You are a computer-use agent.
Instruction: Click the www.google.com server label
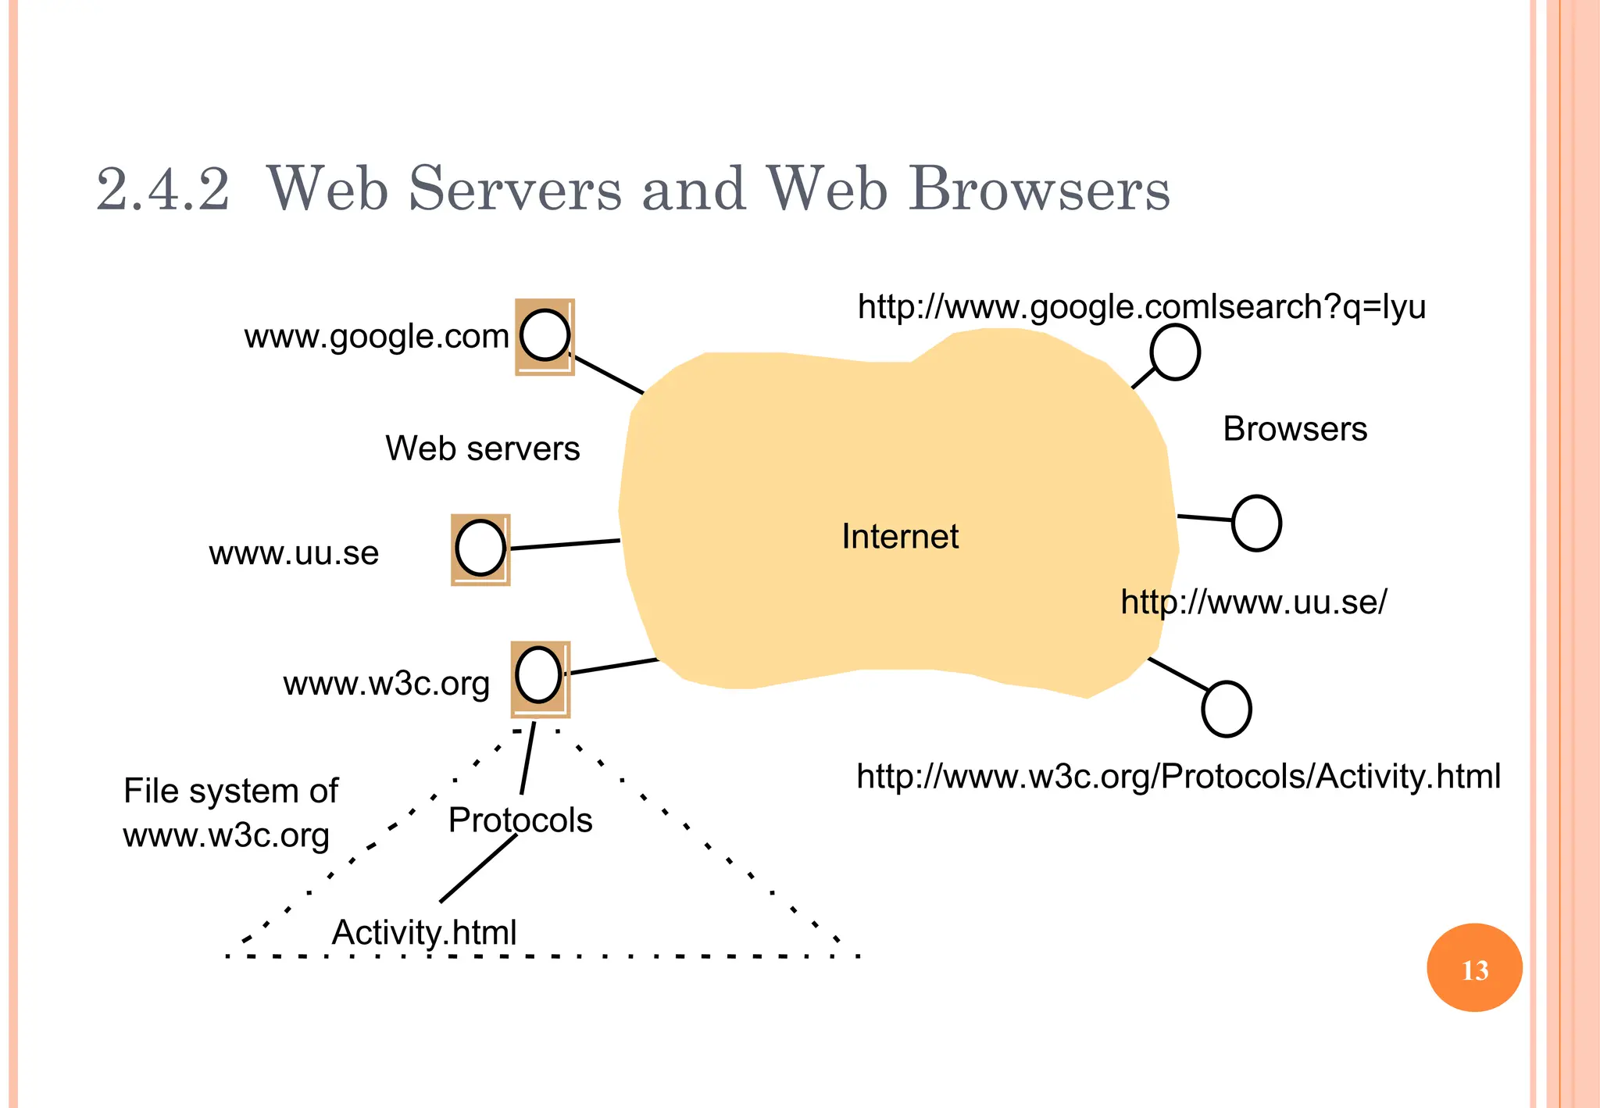point(377,337)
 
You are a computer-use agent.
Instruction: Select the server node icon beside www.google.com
point(545,336)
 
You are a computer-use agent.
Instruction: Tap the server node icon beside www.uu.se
point(480,549)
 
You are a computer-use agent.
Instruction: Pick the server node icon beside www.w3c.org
point(540,677)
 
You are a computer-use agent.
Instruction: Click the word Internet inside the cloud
point(900,537)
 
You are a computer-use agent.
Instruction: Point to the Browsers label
point(1295,429)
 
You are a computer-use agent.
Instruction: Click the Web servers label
point(482,449)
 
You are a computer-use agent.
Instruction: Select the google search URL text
point(1141,307)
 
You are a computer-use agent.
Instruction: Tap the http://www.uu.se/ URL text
point(1253,602)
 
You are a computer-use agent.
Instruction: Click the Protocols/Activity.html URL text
point(1178,776)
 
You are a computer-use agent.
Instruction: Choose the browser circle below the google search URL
point(1174,352)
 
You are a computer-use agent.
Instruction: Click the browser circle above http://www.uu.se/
point(1256,523)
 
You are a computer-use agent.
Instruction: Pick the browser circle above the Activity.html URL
point(1226,709)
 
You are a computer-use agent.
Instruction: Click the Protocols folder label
point(520,820)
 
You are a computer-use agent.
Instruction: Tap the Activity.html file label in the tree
point(424,932)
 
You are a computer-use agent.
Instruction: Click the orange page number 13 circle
point(1474,968)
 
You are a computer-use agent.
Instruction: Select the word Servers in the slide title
point(515,189)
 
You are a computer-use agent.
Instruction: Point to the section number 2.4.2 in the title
point(162,189)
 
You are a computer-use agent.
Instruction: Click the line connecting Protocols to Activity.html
point(478,868)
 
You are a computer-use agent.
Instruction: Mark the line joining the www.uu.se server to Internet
point(565,544)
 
